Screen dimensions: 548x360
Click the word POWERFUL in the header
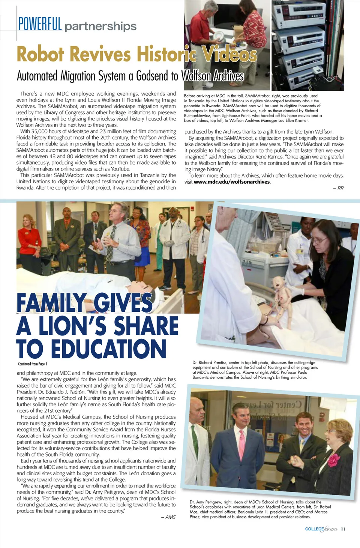(x=40, y=24)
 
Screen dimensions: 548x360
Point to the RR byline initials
(x=340, y=188)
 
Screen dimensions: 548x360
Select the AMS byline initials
(x=171, y=517)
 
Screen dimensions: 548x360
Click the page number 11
(x=343, y=529)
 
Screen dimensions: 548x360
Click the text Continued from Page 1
(x=33, y=364)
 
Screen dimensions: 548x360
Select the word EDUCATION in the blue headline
(x=108, y=349)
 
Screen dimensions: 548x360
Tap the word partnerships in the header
(x=100, y=26)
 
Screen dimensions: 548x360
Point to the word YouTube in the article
(x=120, y=169)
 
